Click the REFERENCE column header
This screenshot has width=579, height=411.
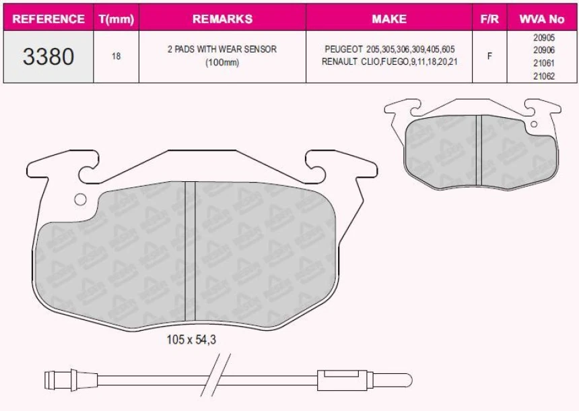tap(48, 19)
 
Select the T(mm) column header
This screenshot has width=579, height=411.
tap(116, 20)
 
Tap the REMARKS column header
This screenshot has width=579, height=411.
tap(222, 19)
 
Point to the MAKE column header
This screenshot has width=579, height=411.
tap(389, 19)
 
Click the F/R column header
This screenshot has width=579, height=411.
tap(489, 19)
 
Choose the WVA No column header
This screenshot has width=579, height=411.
tap(542, 19)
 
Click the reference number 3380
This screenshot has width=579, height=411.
tap(48, 57)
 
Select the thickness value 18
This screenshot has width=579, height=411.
tap(116, 56)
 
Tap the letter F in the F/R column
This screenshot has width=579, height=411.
tap(489, 56)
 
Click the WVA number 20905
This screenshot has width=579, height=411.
tap(544, 37)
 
